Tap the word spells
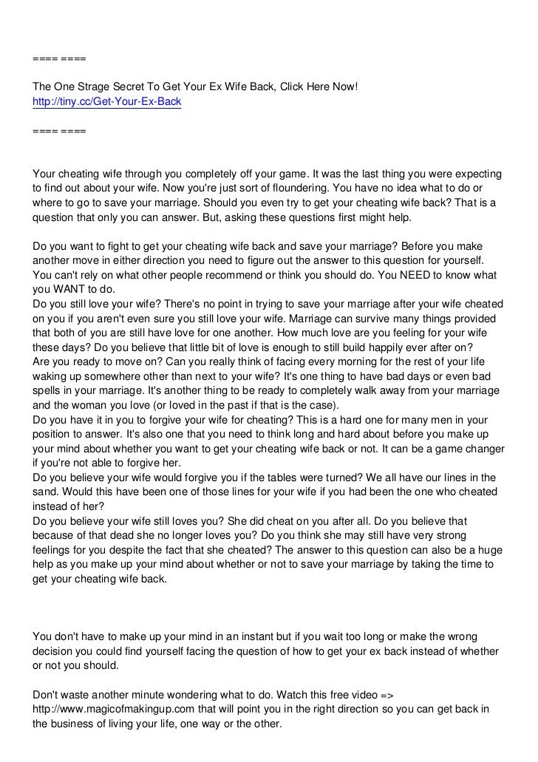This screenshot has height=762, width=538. tap(49, 392)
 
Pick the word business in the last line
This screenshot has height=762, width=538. tap(78, 724)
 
